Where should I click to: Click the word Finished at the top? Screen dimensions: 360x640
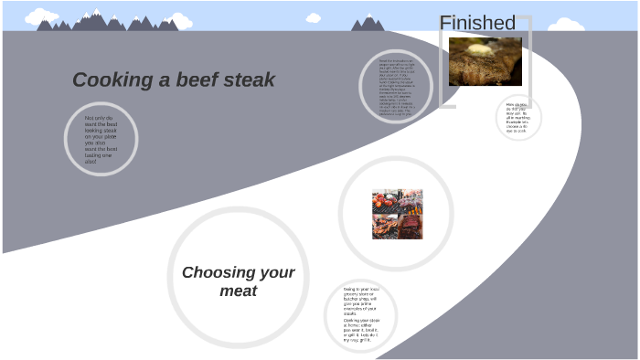click(x=477, y=23)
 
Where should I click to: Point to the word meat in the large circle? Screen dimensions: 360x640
click(x=238, y=291)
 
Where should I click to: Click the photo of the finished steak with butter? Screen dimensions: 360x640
click(x=485, y=61)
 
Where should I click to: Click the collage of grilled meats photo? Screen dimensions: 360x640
click(x=397, y=214)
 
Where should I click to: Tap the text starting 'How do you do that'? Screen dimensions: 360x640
click(x=519, y=118)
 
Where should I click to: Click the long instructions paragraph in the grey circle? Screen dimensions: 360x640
click(x=396, y=90)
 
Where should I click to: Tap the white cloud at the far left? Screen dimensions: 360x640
click(x=41, y=16)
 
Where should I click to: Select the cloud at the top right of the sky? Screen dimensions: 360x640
click(x=566, y=25)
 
